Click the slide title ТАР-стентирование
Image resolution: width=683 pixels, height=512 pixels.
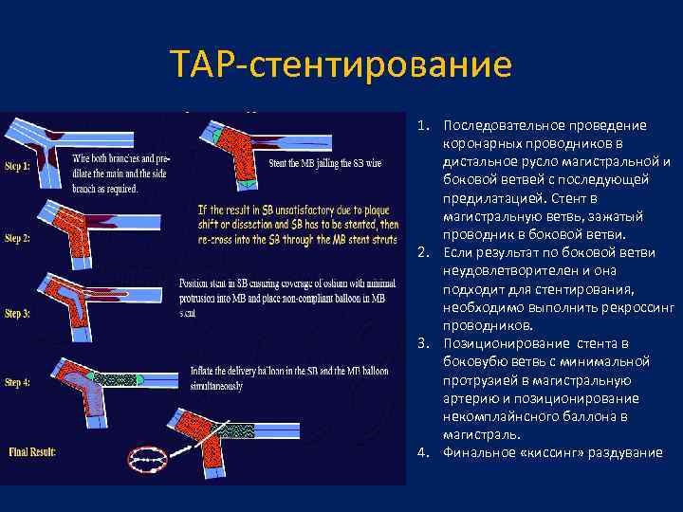[341, 65]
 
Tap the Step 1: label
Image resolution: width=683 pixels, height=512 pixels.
[18, 165]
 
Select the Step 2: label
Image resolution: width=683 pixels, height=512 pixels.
[18, 238]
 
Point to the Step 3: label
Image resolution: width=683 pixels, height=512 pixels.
[18, 312]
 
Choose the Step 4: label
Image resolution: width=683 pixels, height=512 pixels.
[18, 382]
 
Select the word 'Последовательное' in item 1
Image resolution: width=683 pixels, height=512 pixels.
[500, 126]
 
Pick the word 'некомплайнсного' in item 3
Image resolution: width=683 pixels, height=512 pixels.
[498, 415]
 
